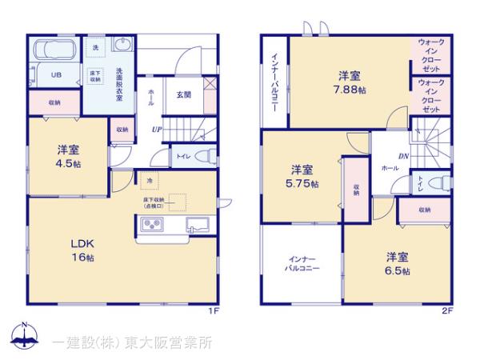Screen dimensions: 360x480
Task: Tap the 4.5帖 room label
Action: click(x=68, y=156)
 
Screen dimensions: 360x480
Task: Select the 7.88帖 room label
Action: click(x=350, y=84)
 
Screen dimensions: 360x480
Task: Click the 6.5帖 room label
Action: click(x=398, y=263)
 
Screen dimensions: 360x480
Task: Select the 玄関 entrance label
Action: click(x=183, y=94)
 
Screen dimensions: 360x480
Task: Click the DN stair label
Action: click(x=405, y=158)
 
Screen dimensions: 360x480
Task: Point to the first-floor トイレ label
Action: click(x=182, y=156)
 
